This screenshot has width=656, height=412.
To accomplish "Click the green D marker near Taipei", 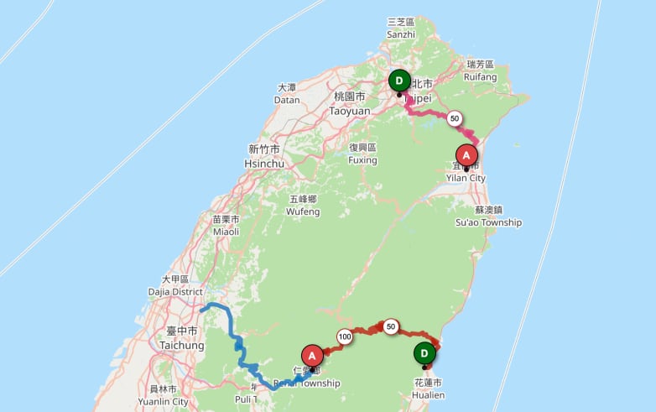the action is [399, 81].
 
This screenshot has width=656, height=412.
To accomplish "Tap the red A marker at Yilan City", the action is [466, 155].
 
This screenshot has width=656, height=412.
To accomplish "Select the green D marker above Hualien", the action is [424, 353].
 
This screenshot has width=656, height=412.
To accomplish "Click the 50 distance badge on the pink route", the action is [455, 118].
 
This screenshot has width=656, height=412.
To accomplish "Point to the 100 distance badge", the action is [344, 336].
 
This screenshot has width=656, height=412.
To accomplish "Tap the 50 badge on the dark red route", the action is [391, 326].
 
